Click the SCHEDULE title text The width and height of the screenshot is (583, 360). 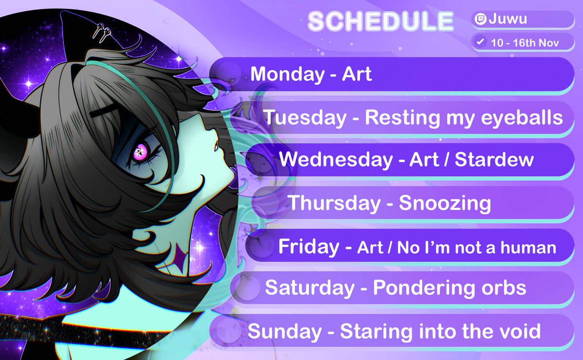click(x=380, y=21)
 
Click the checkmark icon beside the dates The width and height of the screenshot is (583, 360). click(x=480, y=42)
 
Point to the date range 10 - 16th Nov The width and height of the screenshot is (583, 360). click(x=525, y=42)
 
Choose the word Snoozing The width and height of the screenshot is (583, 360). click(x=445, y=204)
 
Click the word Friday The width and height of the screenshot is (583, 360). click(x=309, y=247)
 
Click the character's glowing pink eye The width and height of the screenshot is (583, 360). click(x=139, y=154)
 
